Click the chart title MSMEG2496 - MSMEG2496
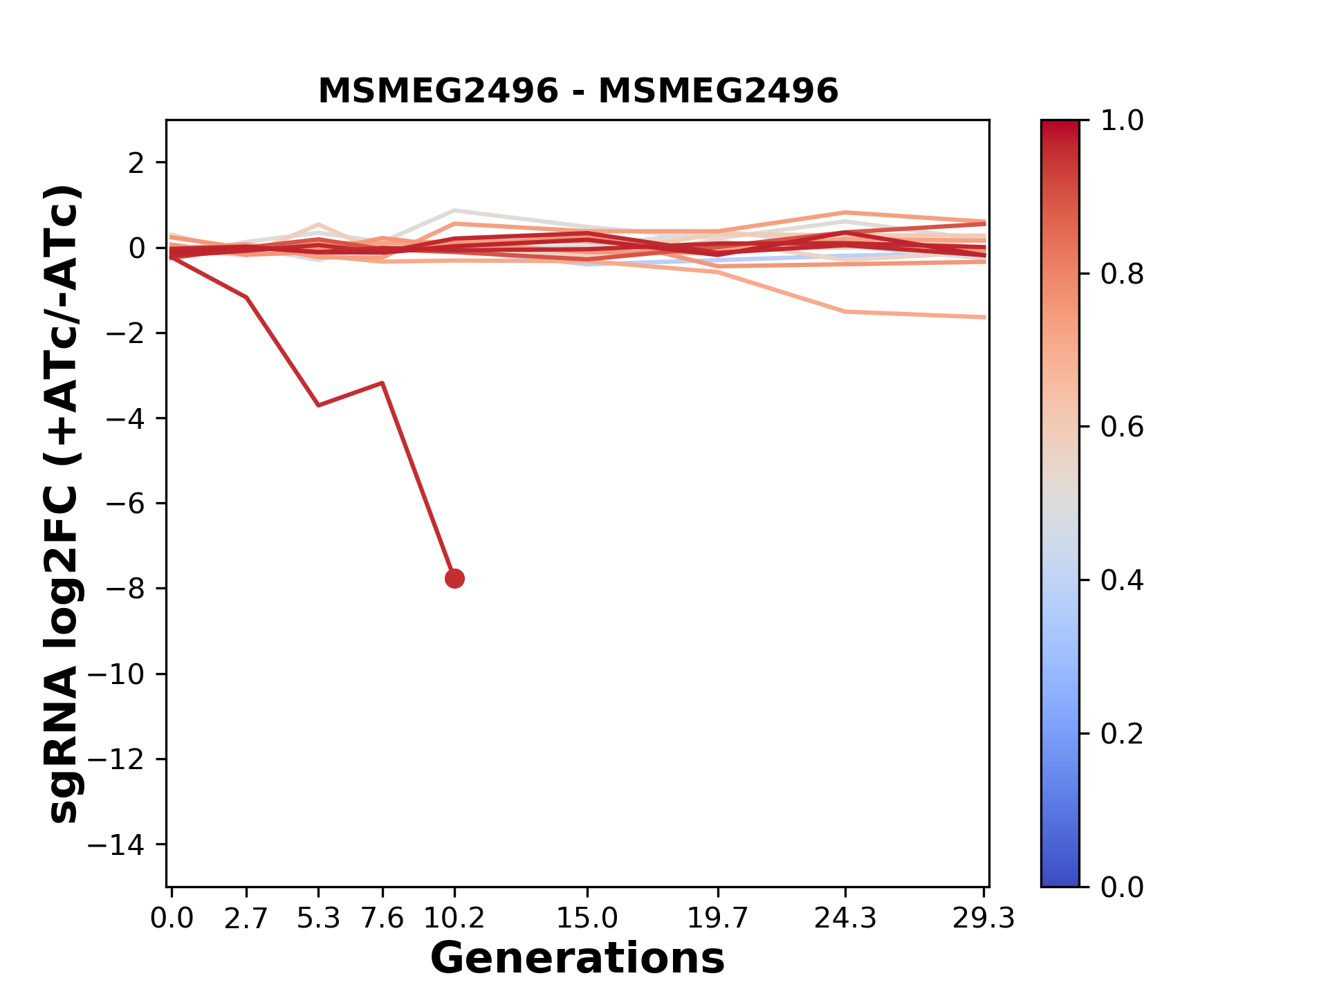578,91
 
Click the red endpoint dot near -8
454,578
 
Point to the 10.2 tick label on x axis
454,918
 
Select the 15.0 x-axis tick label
587,918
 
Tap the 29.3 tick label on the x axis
984,918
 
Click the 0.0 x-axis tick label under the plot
172,918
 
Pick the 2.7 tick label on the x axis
246,918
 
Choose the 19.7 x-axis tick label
718,918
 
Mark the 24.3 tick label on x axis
845,918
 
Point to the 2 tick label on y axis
137,163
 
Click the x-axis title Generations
578,959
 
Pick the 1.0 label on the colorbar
1122,121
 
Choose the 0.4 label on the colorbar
1122,580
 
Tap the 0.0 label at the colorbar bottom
1122,887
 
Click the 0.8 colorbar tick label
1122,275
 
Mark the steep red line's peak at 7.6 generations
382,382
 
